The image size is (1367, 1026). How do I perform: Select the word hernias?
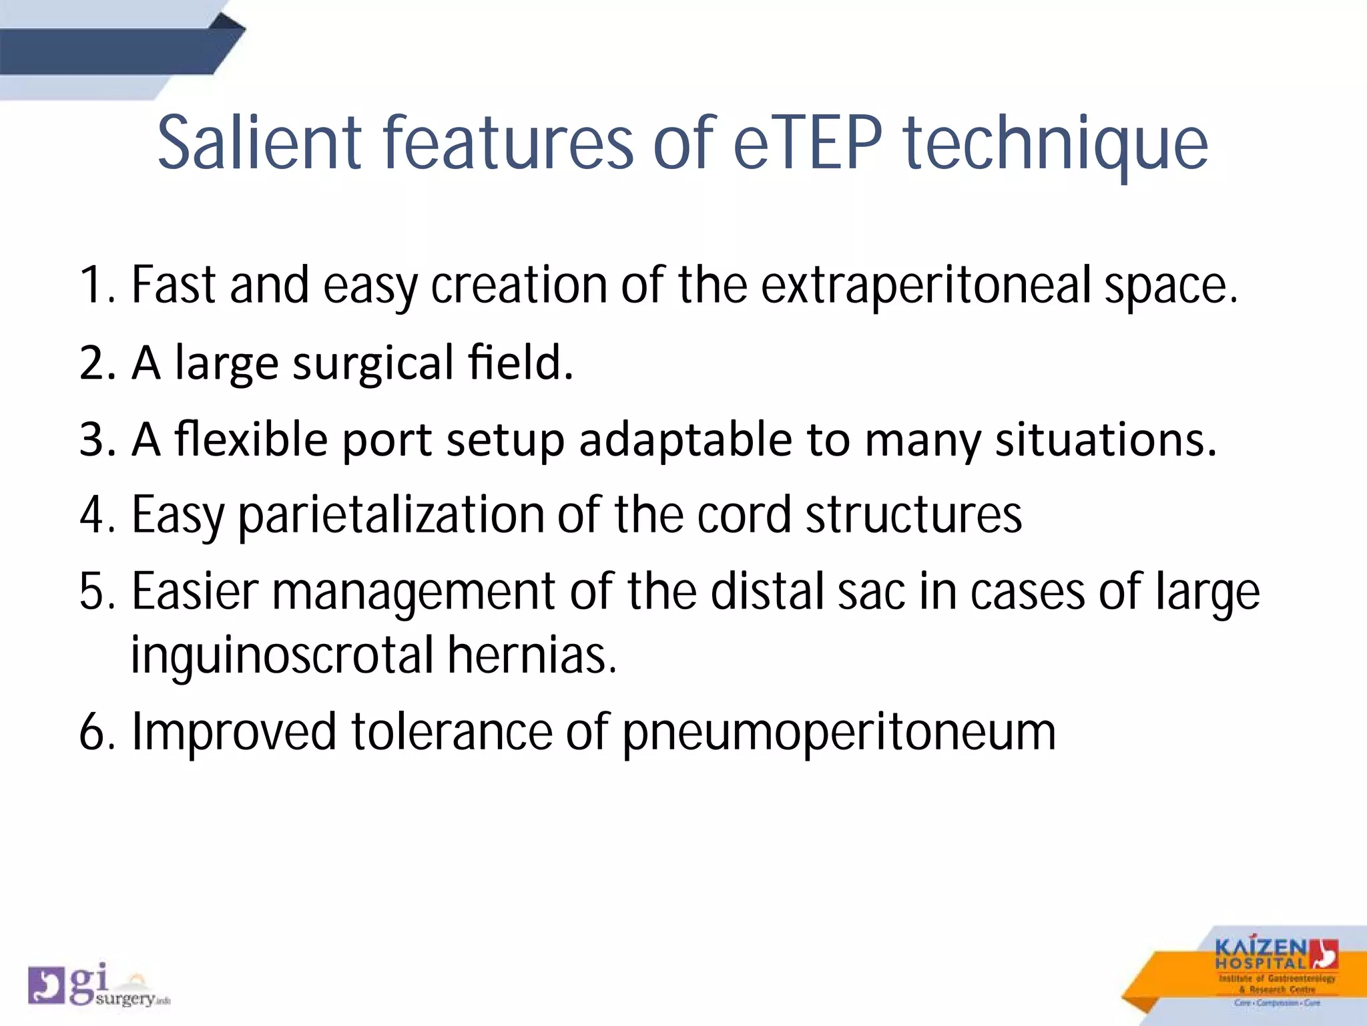[x=531, y=655]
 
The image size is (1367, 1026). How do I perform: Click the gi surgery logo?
[x=97, y=985]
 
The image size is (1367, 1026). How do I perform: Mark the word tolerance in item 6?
[x=451, y=732]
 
